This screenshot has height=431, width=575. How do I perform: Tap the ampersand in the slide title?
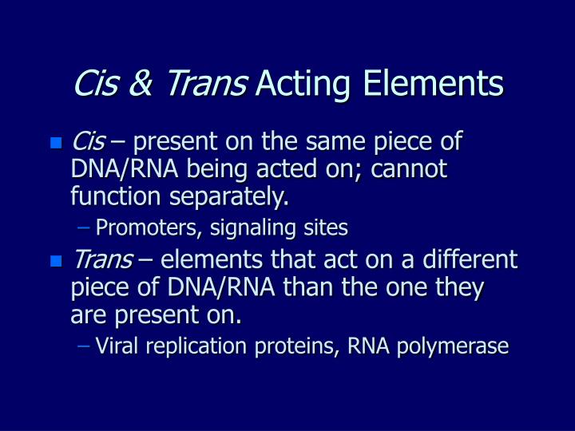tap(138, 84)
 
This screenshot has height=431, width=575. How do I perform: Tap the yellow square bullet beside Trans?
tap(55, 261)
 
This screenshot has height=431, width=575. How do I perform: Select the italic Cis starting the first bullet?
tap(88, 143)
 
